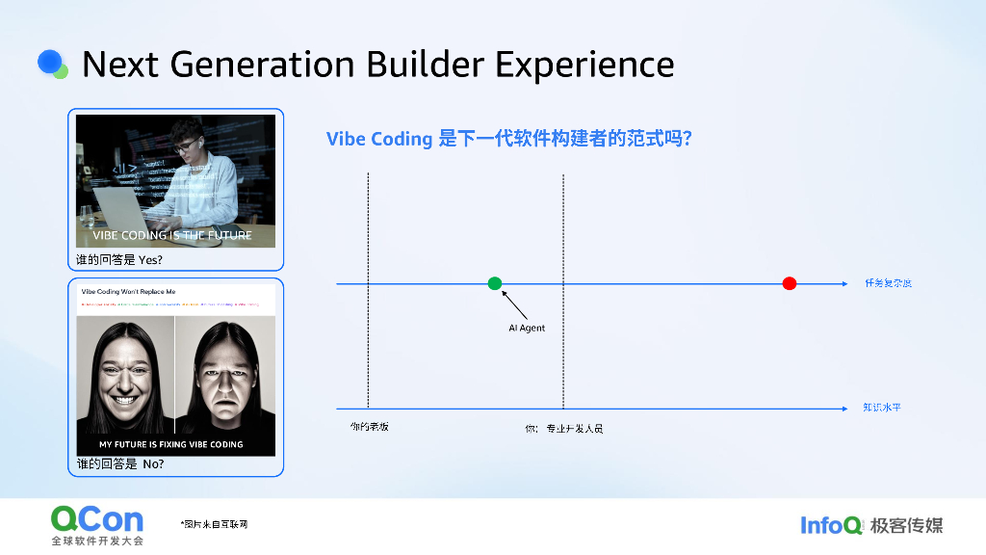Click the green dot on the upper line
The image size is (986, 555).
495,283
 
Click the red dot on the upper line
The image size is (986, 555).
790,283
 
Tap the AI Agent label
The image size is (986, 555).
527,329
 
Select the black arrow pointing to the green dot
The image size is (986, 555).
514,304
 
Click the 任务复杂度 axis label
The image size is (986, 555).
888,283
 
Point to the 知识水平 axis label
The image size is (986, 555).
882,408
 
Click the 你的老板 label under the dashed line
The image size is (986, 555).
370,427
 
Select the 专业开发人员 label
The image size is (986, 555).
574,429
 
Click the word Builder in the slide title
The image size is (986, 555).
425,65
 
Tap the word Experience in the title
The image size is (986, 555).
584,65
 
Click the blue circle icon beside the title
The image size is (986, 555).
51,63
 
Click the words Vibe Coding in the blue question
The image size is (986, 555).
379,139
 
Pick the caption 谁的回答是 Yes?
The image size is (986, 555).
119,260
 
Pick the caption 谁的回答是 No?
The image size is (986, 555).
120,464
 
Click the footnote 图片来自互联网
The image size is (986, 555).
215,524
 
